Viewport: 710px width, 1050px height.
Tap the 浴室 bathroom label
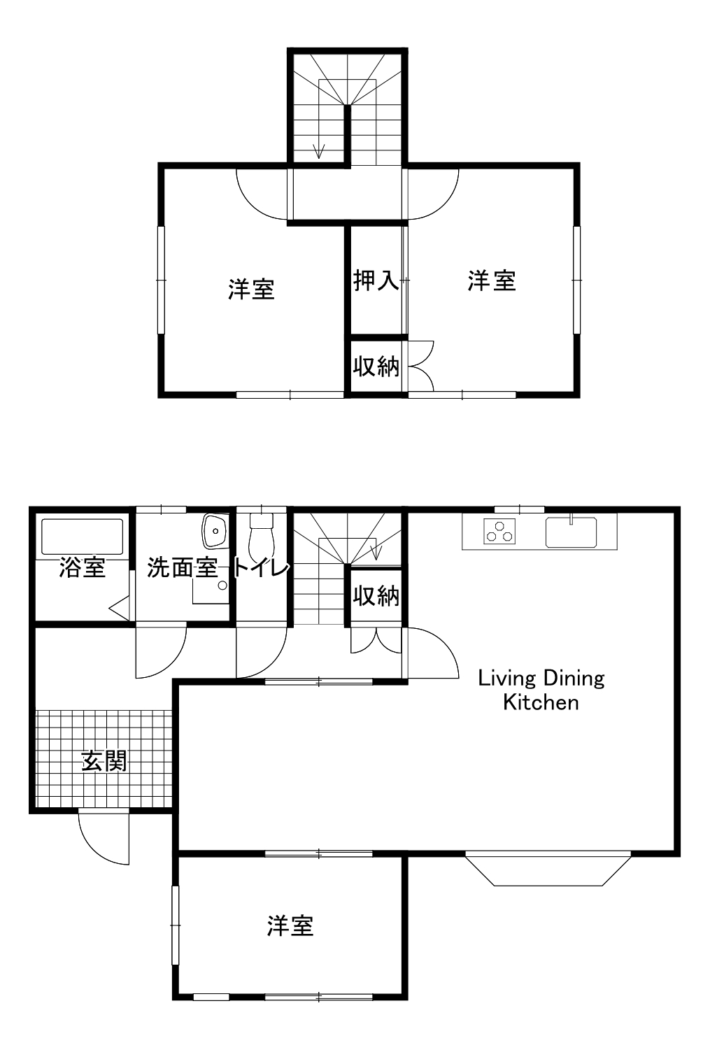[82, 568]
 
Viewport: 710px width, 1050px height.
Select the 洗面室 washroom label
[183, 568]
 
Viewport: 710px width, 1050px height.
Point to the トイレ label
[261, 568]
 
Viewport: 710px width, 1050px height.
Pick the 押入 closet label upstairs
[376, 281]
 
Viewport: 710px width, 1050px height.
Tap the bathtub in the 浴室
[83, 537]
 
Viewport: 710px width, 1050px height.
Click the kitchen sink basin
[571, 532]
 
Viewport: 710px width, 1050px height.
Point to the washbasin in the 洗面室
[215, 531]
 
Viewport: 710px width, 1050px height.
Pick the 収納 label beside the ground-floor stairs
[376, 596]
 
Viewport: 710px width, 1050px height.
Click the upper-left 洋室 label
[251, 289]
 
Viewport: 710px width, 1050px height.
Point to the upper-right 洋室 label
[492, 281]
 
